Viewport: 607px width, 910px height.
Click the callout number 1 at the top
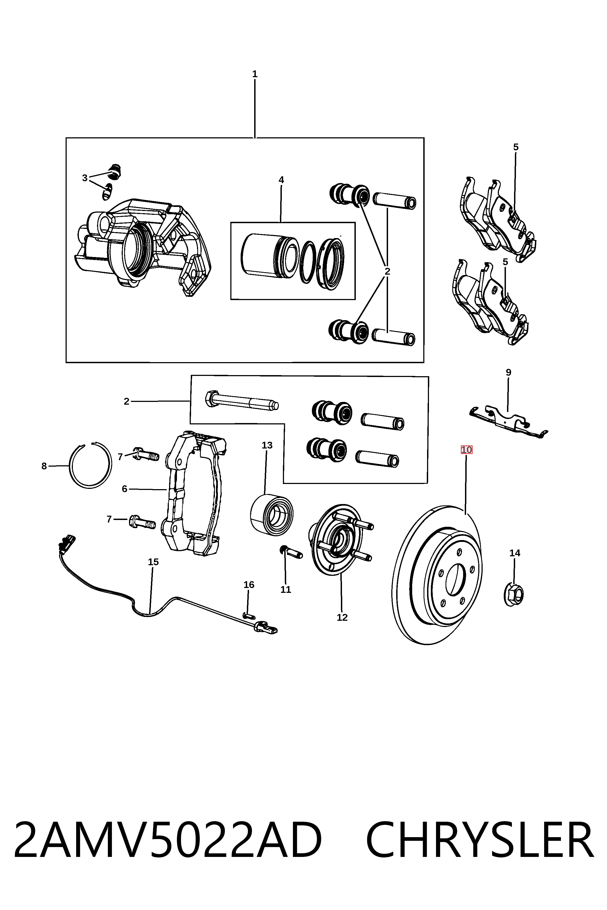[255, 74]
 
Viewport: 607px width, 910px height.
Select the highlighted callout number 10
[466, 450]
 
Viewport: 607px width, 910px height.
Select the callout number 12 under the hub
[342, 617]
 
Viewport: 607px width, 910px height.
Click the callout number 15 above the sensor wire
[153, 562]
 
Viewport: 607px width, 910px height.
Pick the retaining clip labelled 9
[508, 422]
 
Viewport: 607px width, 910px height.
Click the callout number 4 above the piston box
[281, 180]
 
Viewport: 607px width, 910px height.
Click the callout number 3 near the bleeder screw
[85, 178]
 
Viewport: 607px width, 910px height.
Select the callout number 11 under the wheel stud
[286, 590]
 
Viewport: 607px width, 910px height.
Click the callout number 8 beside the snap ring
[44, 466]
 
